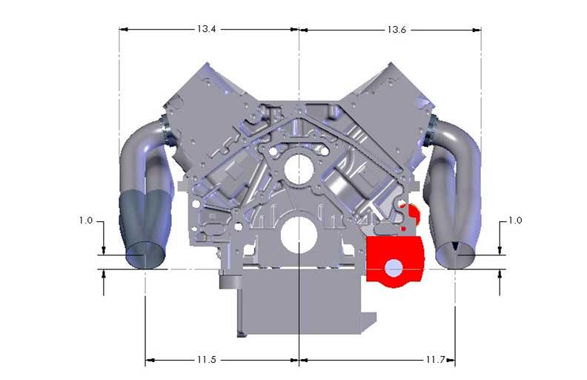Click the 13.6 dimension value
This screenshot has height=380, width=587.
(x=395, y=30)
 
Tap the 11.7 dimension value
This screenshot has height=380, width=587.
(x=434, y=361)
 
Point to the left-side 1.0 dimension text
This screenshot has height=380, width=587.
(x=87, y=220)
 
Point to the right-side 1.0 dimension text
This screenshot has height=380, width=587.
(x=515, y=220)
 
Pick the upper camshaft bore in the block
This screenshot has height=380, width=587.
(x=298, y=169)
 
